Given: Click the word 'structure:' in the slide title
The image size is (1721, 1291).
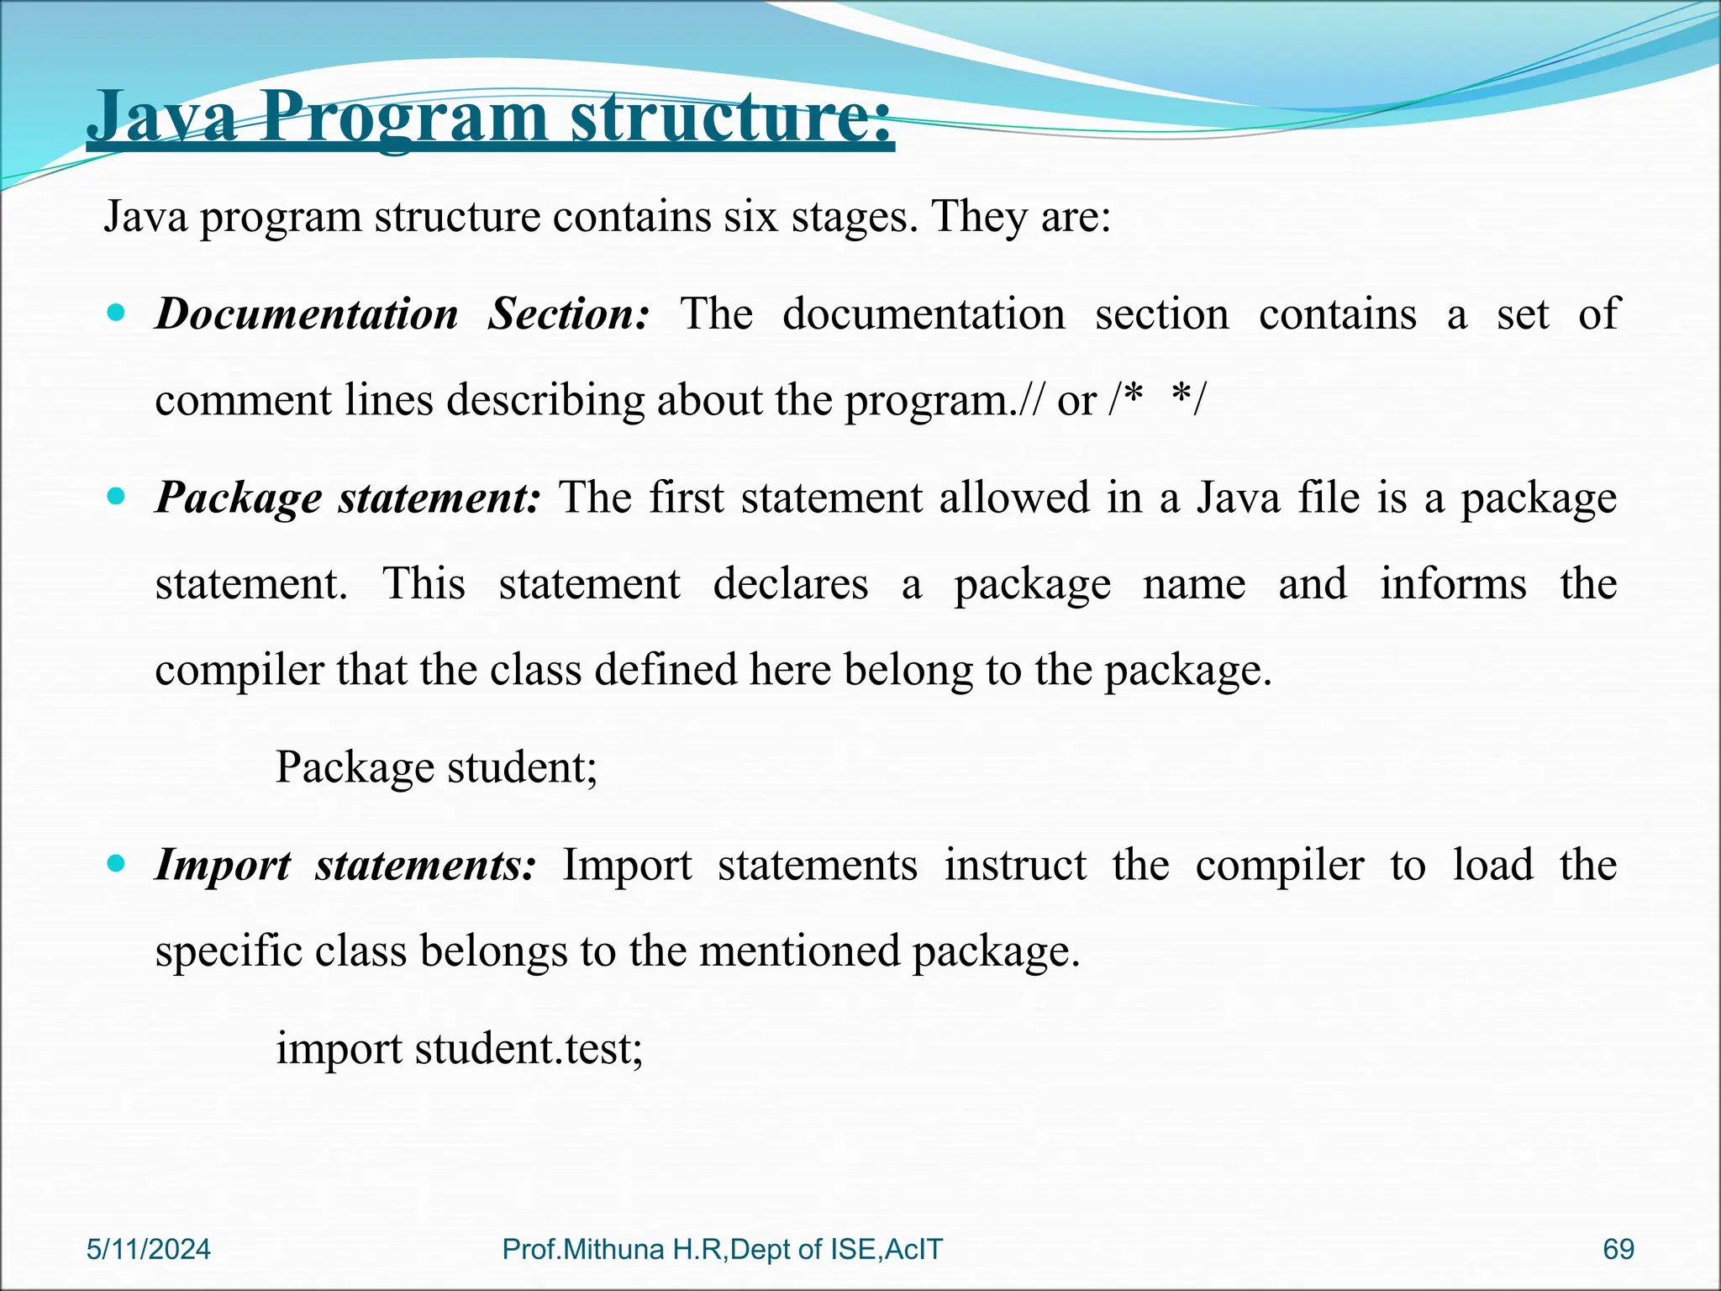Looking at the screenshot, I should tap(731, 118).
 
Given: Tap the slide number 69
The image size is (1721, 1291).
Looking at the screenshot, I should tap(1618, 1249).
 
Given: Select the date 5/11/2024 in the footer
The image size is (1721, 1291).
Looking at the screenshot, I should tap(148, 1249).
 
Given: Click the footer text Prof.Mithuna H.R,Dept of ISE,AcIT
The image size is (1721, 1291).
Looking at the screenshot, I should tap(722, 1249).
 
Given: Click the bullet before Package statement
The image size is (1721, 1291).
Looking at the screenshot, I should tap(117, 497).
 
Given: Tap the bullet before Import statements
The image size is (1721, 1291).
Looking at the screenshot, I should tap(117, 863).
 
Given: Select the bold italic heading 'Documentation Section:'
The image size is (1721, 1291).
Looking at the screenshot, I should tap(403, 314).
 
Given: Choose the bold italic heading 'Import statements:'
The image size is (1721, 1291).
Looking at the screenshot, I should tap(345, 865).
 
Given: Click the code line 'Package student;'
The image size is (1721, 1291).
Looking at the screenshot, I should tap(436, 767).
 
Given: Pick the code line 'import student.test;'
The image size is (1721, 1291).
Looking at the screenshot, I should tap(459, 1049).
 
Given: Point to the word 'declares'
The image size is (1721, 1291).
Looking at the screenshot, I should tap(790, 583).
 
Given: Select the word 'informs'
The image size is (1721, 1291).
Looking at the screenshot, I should tap(1453, 583).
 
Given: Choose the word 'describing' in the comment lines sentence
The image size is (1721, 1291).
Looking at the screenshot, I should tap(545, 401).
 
